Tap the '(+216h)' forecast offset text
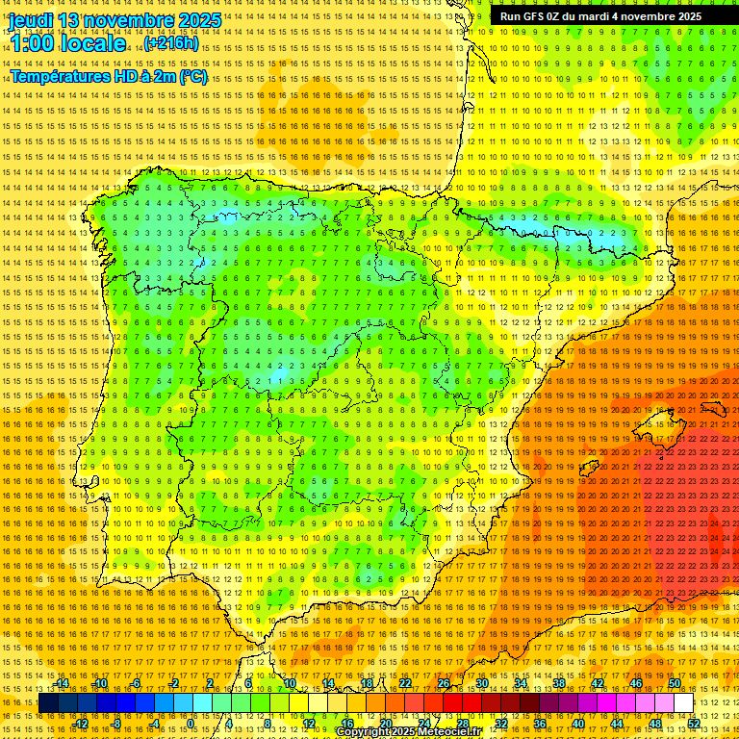pos(171,43)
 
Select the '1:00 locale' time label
pos(66,43)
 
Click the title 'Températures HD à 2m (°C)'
pos(109,76)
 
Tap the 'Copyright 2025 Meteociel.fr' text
pos(408,732)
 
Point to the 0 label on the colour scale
pos(191,724)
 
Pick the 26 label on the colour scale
pos(444,683)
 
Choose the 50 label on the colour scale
pos(675,683)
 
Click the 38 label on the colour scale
pos(559,683)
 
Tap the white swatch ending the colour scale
pos(684,703)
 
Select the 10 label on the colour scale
pos(290,683)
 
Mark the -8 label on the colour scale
pos(116,724)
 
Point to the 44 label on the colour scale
pos(617,724)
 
